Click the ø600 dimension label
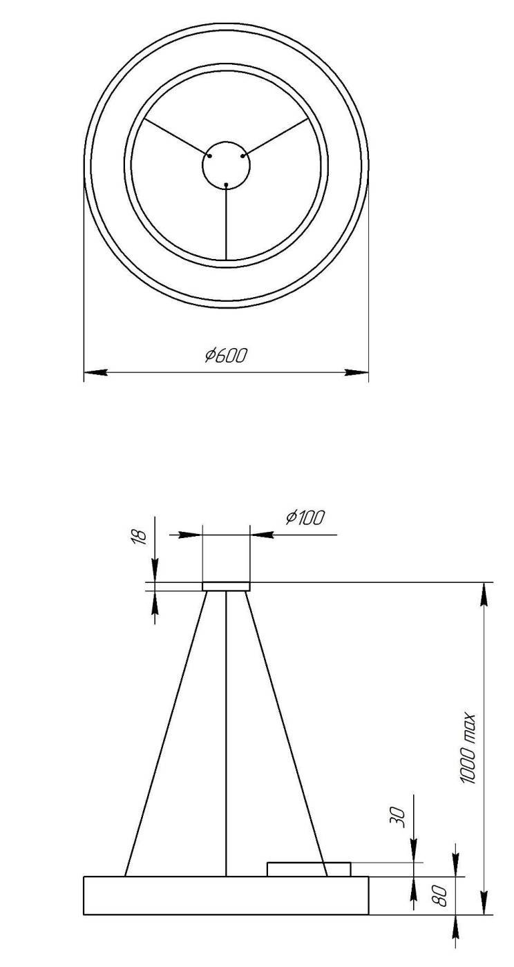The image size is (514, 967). (x=226, y=356)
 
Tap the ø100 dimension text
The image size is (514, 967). (x=305, y=517)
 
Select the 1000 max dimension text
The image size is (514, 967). (x=470, y=747)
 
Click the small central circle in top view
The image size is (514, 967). (x=226, y=164)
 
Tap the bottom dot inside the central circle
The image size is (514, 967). (x=227, y=184)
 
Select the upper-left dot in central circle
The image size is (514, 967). (x=210, y=156)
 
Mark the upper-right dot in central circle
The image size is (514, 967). (x=242, y=156)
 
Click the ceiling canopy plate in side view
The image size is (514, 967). (x=226, y=586)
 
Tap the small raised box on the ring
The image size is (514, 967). (x=309, y=869)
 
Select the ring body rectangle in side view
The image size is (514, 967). (x=226, y=895)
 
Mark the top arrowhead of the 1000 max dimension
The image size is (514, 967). (x=486, y=593)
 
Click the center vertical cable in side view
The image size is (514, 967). (x=227, y=732)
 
